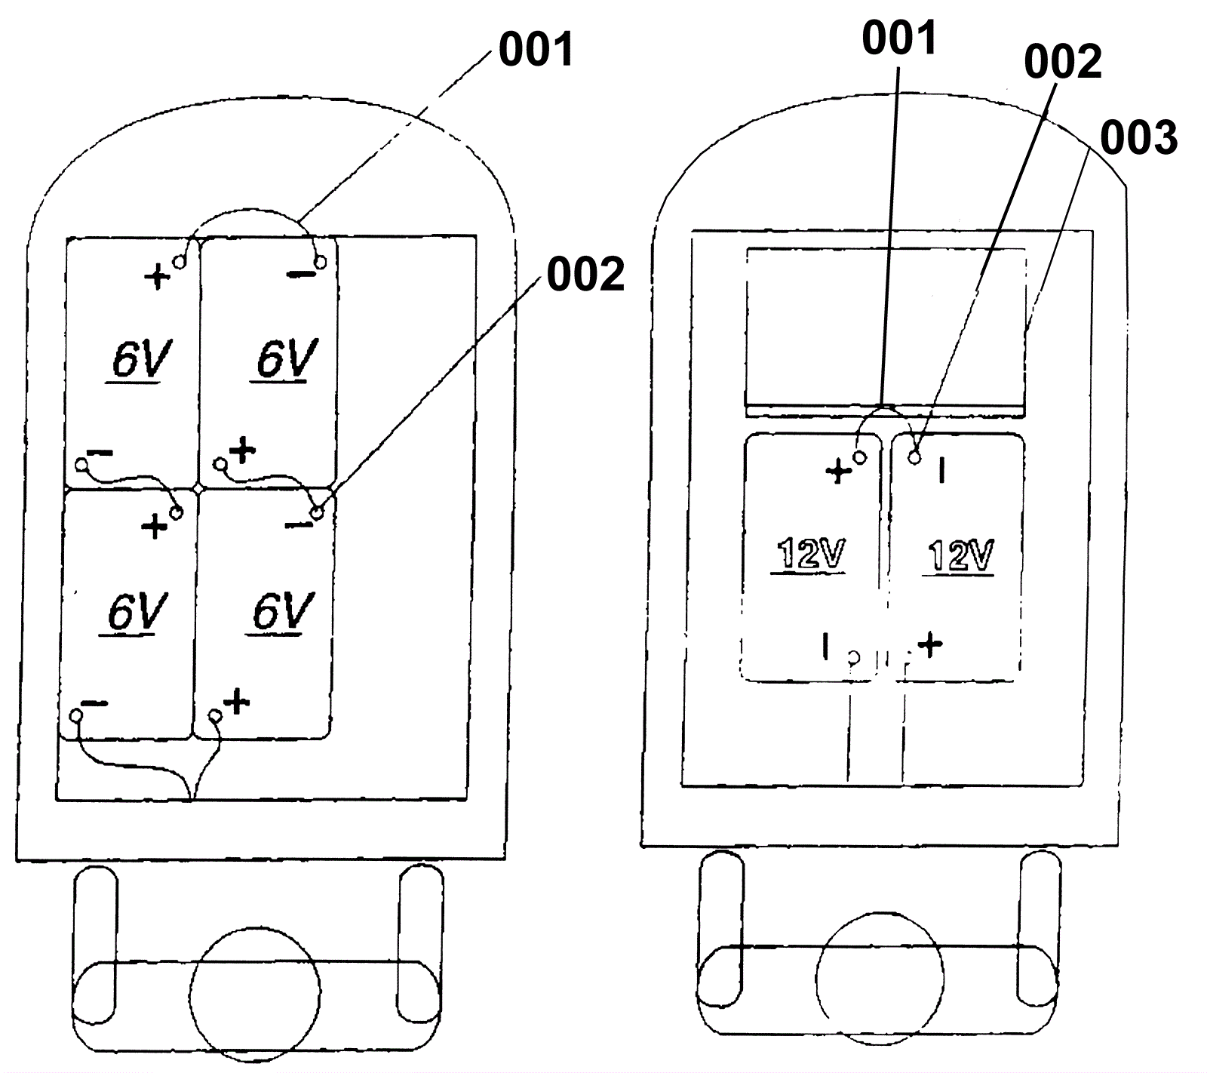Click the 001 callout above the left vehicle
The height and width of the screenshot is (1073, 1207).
(x=536, y=50)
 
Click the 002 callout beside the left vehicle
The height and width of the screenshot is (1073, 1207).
(x=585, y=274)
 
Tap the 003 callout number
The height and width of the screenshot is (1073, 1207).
(x=1138, y=138)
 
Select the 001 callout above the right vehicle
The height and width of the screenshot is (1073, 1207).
(x=899, y=38)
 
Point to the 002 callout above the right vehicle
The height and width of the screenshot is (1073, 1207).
(x=1062, y=62)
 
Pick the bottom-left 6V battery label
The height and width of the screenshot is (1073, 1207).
(x=136, y=612)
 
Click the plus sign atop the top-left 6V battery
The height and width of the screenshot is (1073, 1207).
(x=157, y=277)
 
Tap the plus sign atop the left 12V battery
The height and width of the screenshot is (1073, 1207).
(x=838, y=472)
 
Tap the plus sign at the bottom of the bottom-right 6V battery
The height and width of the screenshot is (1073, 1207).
(x=237, y=702)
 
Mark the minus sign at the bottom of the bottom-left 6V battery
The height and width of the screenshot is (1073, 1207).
(x=95, y=704)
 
